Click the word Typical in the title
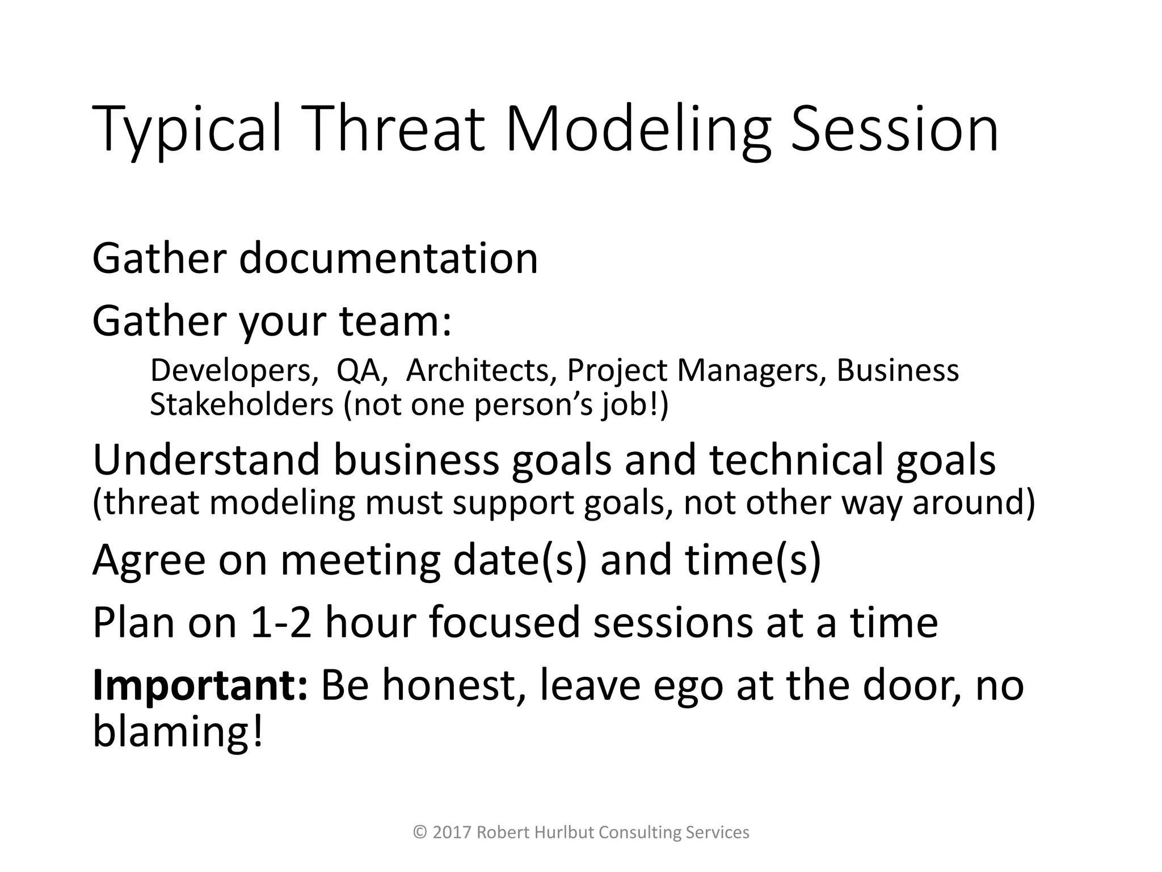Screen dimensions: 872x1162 click(187, 131)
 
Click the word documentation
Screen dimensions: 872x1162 click(388, 259)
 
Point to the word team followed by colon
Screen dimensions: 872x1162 click(395, 321)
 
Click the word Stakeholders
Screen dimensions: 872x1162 click(242, 405)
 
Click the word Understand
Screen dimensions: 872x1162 click(206, 460)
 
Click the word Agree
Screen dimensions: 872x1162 click(149, 560)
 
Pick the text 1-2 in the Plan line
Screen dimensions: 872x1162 click(280, 622)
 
